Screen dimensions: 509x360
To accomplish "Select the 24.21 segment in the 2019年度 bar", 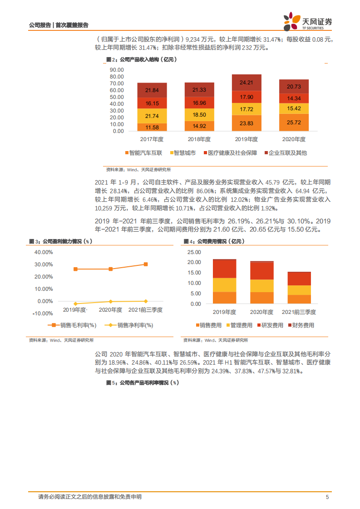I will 247,83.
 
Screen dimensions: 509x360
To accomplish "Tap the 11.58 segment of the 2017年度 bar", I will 152,127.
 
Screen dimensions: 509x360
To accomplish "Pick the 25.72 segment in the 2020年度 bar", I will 294,122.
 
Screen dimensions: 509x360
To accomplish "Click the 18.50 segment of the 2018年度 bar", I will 199,115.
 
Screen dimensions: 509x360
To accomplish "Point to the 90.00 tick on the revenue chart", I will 117,70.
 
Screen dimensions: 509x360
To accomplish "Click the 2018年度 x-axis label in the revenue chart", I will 199,139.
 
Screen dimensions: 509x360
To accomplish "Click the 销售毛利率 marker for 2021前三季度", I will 145,264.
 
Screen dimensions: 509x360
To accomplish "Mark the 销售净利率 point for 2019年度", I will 75,303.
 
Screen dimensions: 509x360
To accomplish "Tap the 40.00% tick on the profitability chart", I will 44,252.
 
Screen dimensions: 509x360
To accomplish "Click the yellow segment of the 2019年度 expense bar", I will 224,284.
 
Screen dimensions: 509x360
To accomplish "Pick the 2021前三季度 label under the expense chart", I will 298,312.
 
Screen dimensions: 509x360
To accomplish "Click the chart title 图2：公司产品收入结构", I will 141,59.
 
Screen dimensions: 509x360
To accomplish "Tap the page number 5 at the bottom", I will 327,497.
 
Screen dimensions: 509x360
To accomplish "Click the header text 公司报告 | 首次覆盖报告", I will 59,25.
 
